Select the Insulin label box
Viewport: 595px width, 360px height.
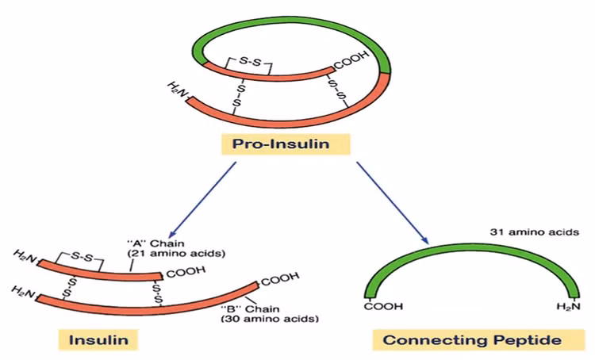[x=93, y=340]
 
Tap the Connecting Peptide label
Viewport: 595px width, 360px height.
[x=472, y=340]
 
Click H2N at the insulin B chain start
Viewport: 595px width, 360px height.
[x=23, y=293]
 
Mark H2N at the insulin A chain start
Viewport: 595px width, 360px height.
[x=25, y=255]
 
